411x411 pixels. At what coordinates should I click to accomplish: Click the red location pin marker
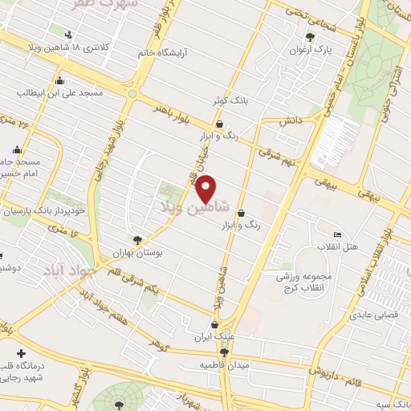[206, 189]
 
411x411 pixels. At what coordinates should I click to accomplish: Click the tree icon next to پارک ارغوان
[311, 37]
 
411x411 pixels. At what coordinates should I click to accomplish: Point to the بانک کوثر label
[229, 102]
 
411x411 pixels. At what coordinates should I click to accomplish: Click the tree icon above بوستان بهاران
[137, 239]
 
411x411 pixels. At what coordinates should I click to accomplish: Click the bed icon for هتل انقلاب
[337, 234]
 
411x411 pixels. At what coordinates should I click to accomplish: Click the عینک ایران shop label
[214, 337]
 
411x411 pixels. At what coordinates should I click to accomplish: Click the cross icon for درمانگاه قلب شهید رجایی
[21, 354]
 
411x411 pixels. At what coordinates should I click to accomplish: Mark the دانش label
[289, 120]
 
